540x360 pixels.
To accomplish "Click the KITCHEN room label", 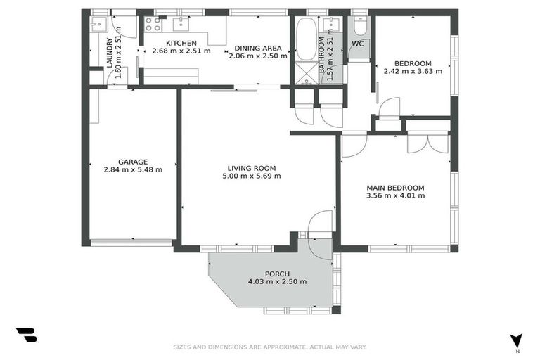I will [x=172, y=43].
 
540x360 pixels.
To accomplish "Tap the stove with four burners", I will [x=153, y=24].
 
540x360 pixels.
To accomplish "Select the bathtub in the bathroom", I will [x=307, y=39].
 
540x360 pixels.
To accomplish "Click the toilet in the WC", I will [x=359, y=27].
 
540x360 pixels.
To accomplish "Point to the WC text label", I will [x=358, y=44].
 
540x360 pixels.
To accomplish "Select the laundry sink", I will [x=99, y=25].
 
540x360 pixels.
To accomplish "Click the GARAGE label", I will [x=132, y=162].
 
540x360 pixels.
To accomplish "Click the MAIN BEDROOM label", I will [x=395, y=188].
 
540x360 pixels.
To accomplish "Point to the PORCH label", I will [x=277, y=274].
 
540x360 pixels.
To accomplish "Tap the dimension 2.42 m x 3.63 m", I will [x=413, y=71].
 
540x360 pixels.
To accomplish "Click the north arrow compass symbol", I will [x=517, y=340].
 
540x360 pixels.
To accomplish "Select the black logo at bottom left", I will [x=26, y=335].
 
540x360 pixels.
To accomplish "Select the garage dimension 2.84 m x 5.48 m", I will [x=133, y=169].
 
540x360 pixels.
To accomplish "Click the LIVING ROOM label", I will [x=251, y=168].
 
